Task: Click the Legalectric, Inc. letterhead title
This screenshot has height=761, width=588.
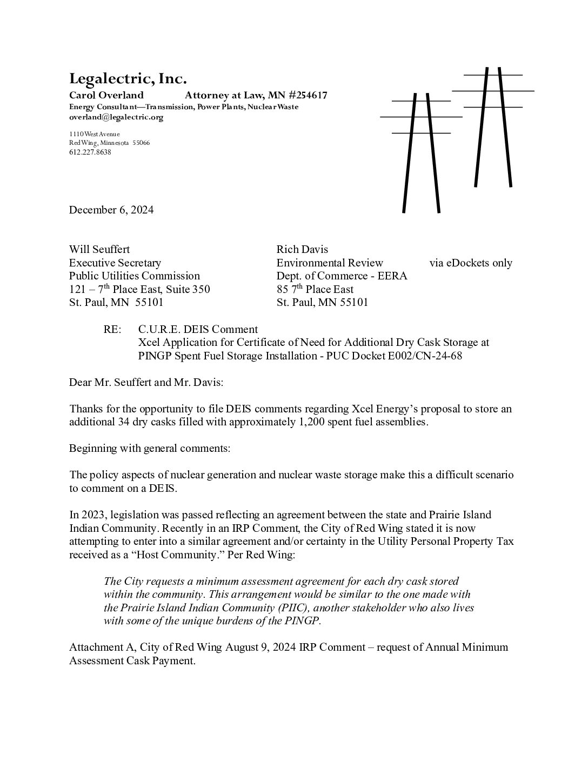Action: click(x=128, y=79)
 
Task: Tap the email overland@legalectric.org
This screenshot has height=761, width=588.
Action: click(x=116, y=117)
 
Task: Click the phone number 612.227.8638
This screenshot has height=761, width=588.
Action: click(x=90, y=152)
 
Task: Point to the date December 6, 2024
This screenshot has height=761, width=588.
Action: click(x=111, y=210)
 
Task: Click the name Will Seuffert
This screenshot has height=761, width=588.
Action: click(x=99, y=249)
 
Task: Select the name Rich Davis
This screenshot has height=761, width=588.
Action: click(x=302, y=249)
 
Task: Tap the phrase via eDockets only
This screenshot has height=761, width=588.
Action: click(x=470, y=263)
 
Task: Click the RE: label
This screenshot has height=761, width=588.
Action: click(x=113, y=329)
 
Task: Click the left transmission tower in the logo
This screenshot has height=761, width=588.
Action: click(x=421, y=151)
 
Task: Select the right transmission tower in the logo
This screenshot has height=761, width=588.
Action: click(x=493, y=127)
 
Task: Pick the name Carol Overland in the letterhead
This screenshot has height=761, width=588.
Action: click(x=106, y=96)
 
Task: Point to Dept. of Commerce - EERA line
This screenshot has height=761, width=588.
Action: click(x=342, y=276)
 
